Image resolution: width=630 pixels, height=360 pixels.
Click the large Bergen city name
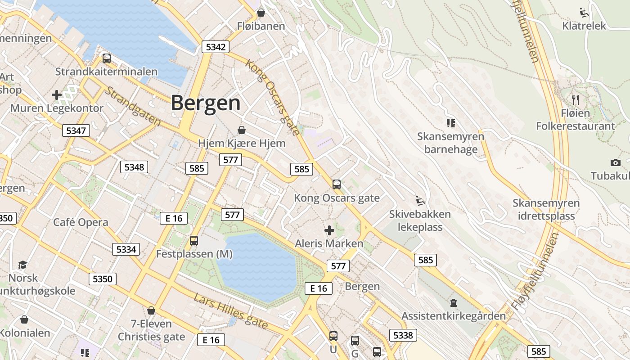(x=206, y=103)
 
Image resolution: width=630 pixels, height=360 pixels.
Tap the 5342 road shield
(x=216, y=47)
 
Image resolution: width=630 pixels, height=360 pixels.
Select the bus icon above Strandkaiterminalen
(x=107, y=58)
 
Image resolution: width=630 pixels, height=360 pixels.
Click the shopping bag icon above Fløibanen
(x=261, y=13)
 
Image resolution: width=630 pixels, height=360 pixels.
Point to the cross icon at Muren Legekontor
(x=57, y=95)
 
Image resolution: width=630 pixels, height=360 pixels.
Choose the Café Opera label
(x=81, y=222)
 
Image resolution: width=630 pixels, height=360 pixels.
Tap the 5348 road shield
(x=134, y=167)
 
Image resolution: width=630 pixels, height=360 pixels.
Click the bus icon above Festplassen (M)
(x=194, y=241)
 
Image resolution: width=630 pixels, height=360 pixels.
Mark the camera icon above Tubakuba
(x=616, y=162)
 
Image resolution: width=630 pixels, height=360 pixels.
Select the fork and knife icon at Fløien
(x=576, y=99)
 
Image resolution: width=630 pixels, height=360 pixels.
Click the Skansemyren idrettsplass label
(x=546, y=209)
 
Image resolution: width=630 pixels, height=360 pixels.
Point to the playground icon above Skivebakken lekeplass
(x=420, y=200)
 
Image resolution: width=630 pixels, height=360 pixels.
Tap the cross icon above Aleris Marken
(x=329, y=230)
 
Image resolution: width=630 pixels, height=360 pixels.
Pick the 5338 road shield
(x=403, y=335)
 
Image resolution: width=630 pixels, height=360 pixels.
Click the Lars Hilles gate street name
(x=231, y=311)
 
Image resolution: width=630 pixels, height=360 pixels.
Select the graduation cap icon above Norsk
(x=23, y=265)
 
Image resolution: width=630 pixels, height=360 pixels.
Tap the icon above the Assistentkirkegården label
(x=453, y=303)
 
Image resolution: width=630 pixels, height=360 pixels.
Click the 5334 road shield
(x=126, y=249)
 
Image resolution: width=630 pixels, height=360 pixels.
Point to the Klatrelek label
(x=584, y=26)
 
